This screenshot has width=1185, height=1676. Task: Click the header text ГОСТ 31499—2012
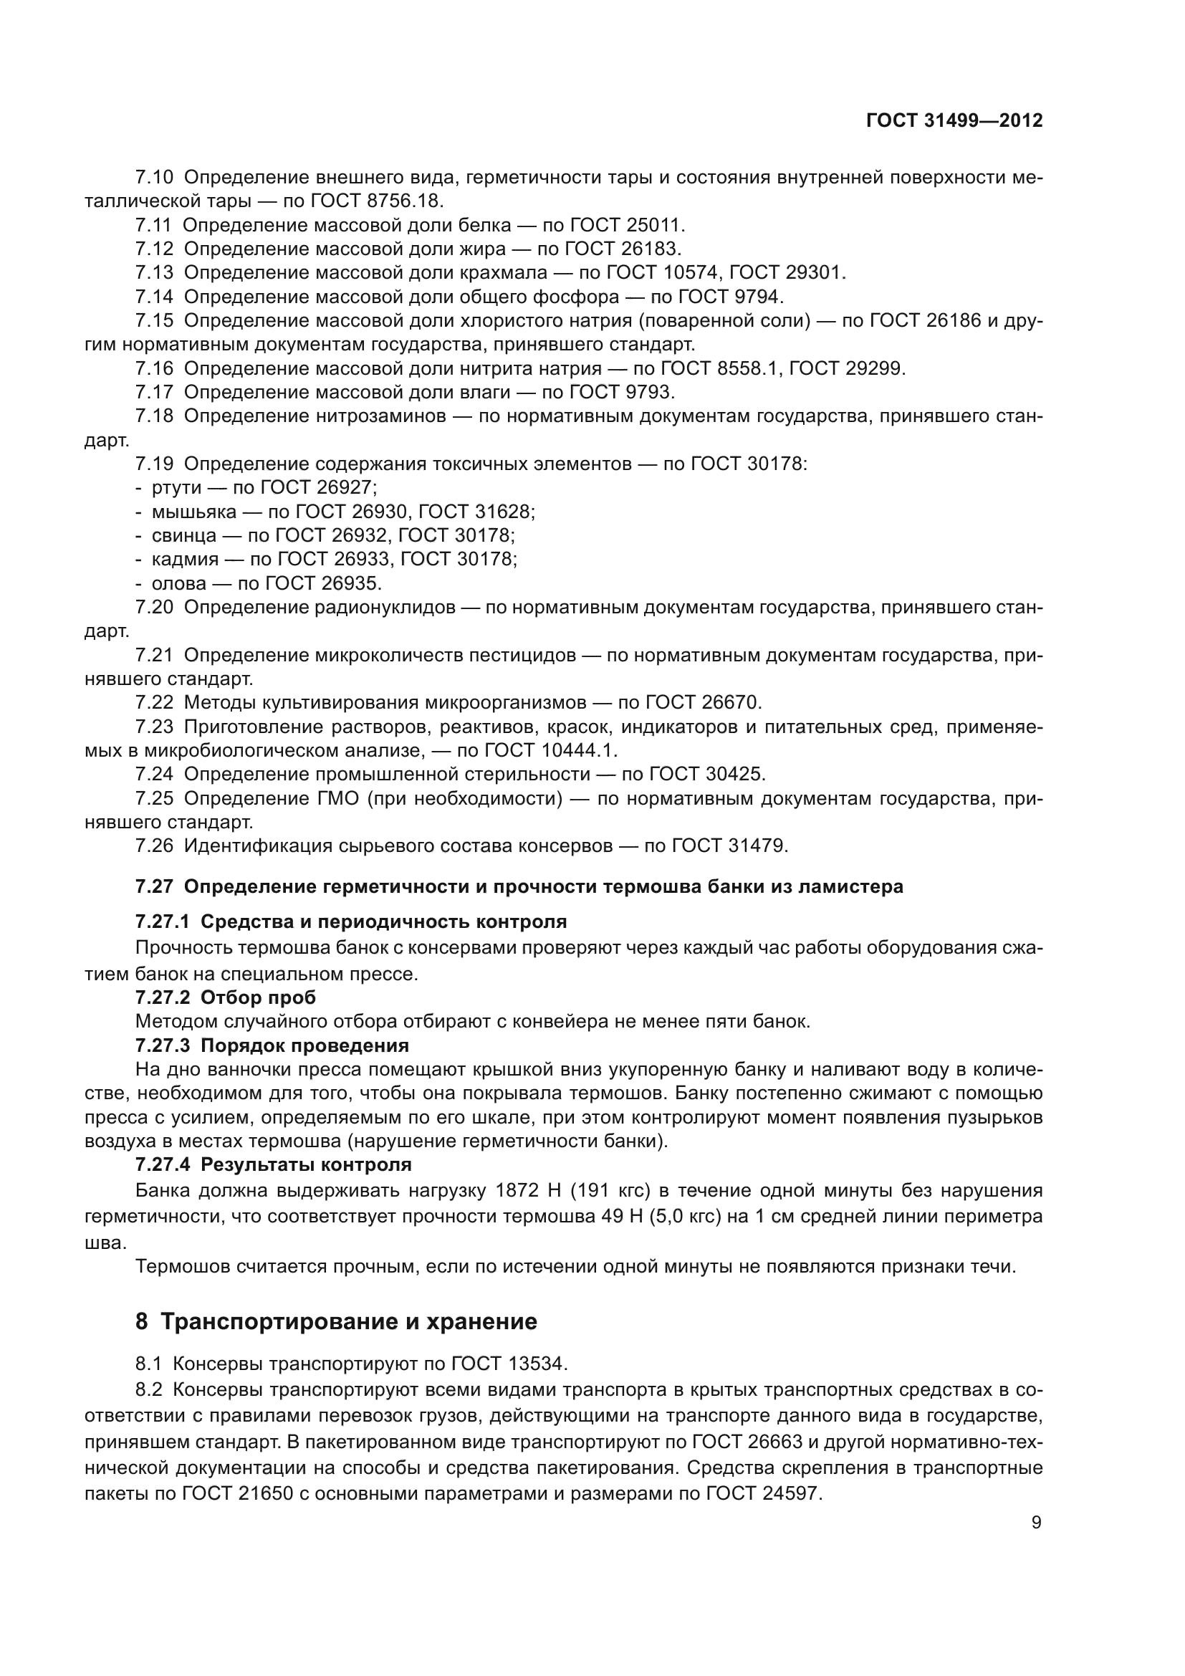954,121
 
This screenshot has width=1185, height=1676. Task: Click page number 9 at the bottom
1036,1523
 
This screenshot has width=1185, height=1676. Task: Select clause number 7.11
154,225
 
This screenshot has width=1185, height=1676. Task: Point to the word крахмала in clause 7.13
504,273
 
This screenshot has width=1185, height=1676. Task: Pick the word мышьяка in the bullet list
194,512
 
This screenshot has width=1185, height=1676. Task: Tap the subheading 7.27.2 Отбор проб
226,997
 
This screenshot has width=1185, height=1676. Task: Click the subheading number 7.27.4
162,1165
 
